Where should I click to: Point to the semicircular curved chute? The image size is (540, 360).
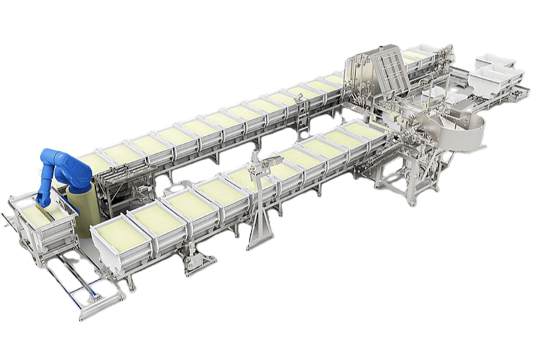tap(466, 132)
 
